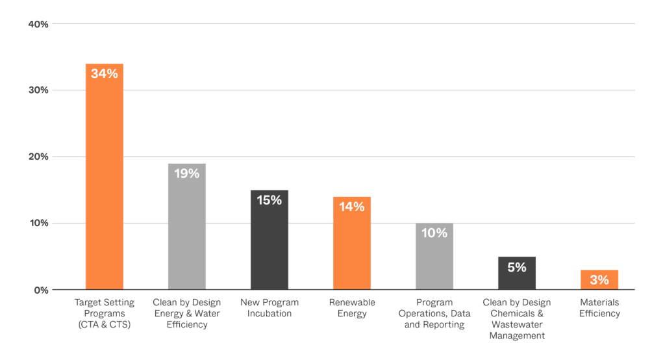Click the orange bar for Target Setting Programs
tap(105, 177)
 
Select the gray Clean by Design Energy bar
tap(186, 227)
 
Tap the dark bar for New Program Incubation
tap(270, 240)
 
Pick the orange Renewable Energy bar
tap(351, 243)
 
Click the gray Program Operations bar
tap(434, 257)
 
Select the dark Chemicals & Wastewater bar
tap(516, 273)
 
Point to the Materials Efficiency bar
tap(599, 280)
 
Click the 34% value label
tap(105, 73)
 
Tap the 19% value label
tap(186, 174)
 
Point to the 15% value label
tap(270, 200)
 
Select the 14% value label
tap(351, 207)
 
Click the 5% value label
tap(516, 267)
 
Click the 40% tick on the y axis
tap(38, 24)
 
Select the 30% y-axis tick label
tap(38, 90)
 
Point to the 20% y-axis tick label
tap(38, 157)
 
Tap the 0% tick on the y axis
tap(41, 290)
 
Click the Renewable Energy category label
tap(352, 308)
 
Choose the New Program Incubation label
tap(270, 308)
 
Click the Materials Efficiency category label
tap(599, 308)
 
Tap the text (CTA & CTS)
tap(105, 325)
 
